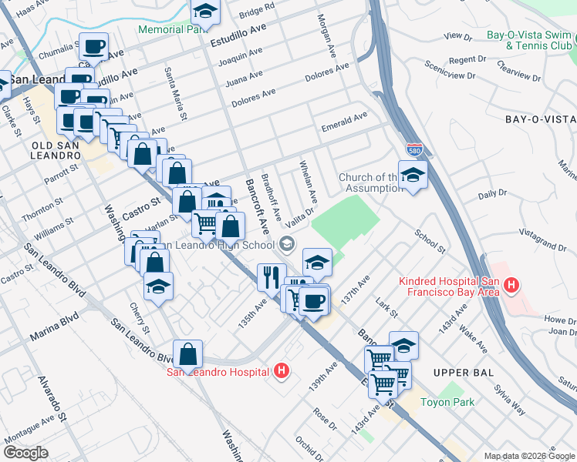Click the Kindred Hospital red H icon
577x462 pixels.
510,287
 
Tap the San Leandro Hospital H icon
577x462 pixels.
282,371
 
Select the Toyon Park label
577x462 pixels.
447,401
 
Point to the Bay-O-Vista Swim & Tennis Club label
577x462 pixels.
529,41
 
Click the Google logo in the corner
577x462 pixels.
25,453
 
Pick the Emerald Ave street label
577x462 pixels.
344,120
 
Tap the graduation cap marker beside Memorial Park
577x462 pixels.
205,11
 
